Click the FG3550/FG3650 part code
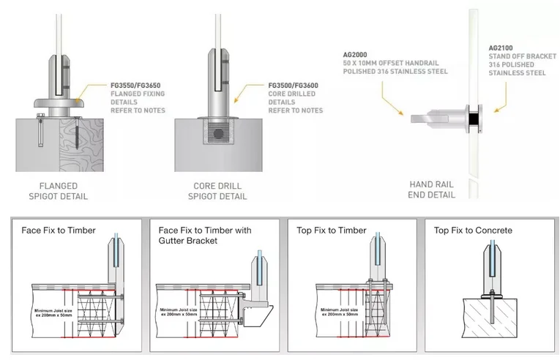[x=135, y=86]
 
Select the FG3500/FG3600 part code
[x=293, y=86]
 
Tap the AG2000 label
[x=354, y=55]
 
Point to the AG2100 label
[x=501, y=48]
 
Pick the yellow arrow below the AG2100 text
[x=501, y=97]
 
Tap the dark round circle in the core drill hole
[x=218, y=134]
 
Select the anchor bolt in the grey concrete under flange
[x=40, y=130]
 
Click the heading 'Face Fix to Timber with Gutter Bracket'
[x=205, y=236]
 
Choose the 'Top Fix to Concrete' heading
[x=473, y=230]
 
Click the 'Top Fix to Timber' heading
[x=332, y=230]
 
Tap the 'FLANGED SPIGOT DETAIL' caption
[x=59, y=191]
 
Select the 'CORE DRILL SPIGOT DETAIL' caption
[x=217, y=191]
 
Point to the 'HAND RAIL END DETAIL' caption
[x=431, y=190]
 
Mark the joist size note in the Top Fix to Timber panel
[x=339, y=312]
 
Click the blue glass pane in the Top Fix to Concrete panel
[x=492, y=258]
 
